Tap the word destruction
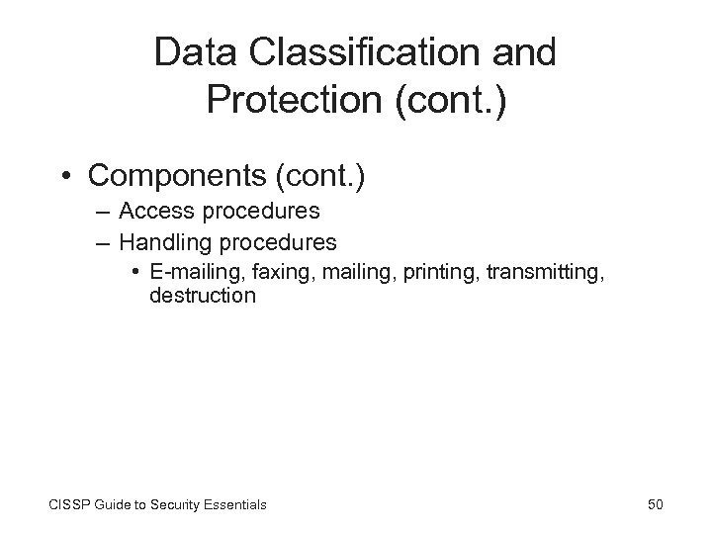click(x=203, y=296)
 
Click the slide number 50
click(x=655, y=504)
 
